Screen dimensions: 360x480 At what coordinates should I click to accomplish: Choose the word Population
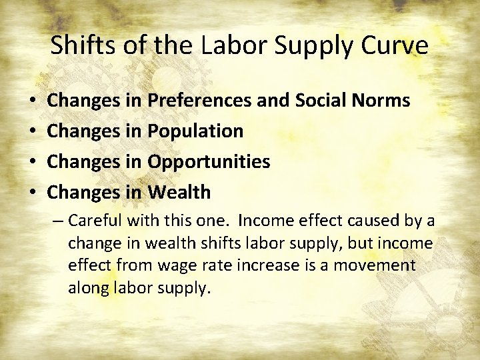click(x=195, y=131)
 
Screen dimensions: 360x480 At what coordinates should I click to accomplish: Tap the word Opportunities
click(x=209, y=162)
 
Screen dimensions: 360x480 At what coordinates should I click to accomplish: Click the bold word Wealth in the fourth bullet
click(x=179, y=193)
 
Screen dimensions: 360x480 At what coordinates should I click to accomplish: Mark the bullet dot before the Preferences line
click(x=33, y=101)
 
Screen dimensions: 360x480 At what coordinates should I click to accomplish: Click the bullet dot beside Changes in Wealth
click(x=33, y=193)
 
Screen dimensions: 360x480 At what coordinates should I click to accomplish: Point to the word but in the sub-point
click(x=355, y=243)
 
